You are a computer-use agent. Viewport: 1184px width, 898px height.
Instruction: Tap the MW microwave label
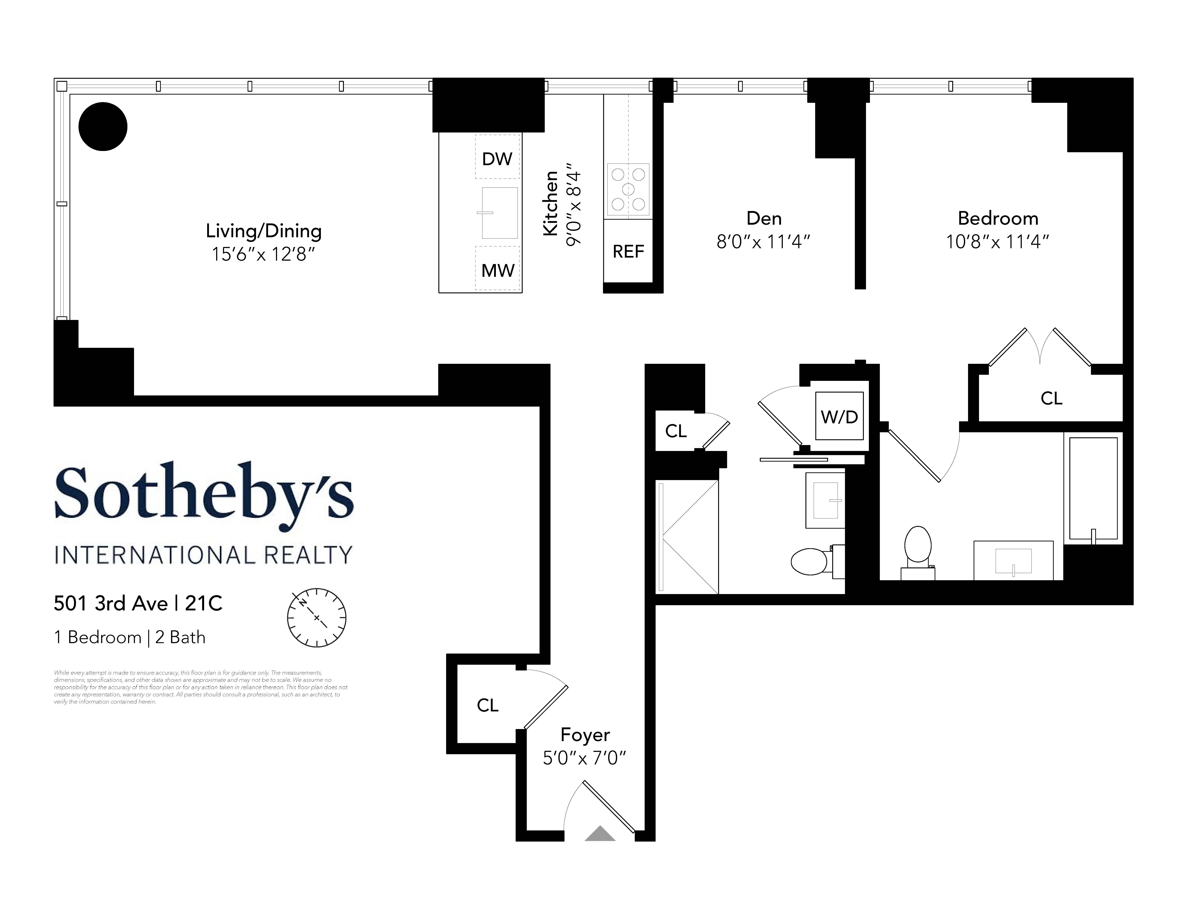(497, 270)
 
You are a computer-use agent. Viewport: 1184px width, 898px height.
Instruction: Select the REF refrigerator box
(628, 251)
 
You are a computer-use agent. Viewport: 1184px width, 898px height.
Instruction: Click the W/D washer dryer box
(839, 416)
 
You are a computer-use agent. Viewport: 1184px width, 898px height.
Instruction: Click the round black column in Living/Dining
(103, 126)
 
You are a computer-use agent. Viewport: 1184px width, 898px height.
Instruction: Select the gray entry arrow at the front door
(600, 834)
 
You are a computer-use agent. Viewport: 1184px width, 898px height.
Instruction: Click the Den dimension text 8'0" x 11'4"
(763, 242)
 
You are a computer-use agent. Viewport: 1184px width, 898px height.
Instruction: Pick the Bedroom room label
(998, 218)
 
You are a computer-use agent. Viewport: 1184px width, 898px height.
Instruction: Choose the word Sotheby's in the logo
(203, 493)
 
